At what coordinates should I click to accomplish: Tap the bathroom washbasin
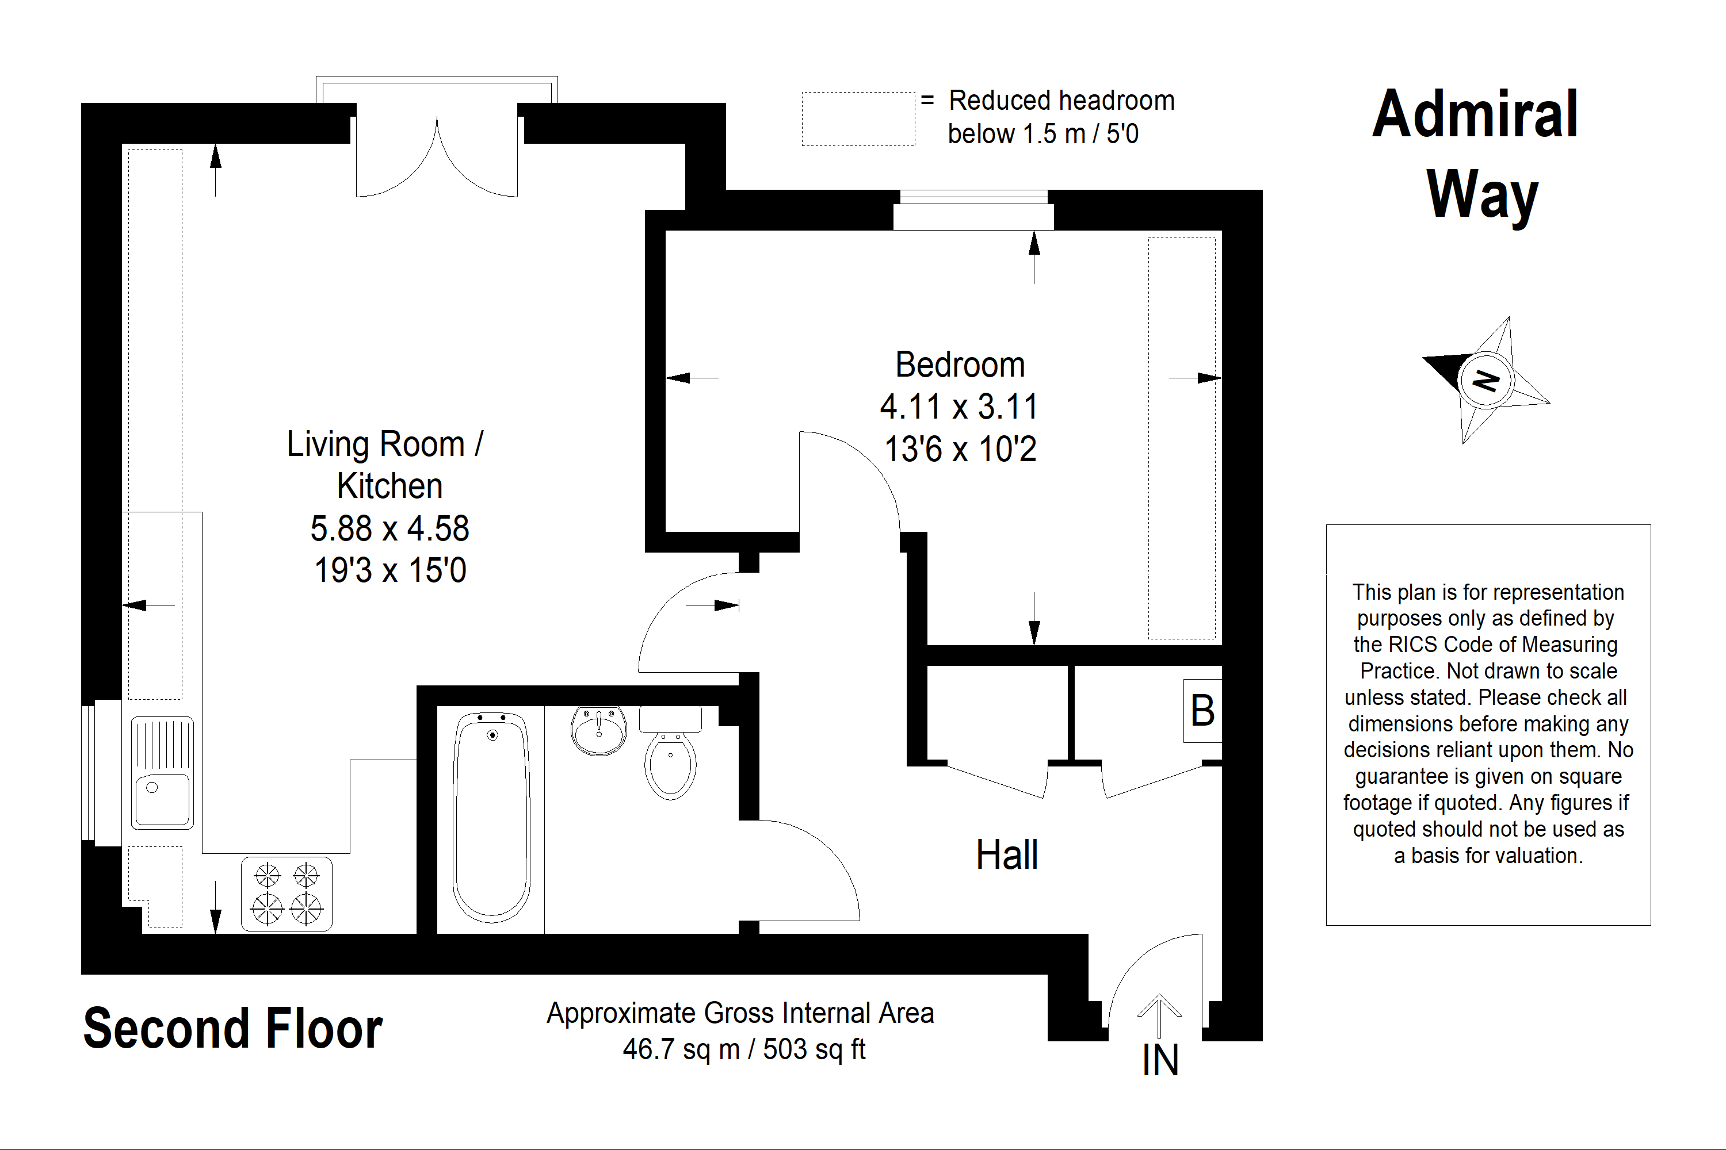(x=599, y=730)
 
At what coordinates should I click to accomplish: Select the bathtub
(x=492, y=817)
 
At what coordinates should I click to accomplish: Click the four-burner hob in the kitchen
(x=287, y=894)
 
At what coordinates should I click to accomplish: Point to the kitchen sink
(x=162, y=773)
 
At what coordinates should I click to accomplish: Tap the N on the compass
(x=1486, y=381)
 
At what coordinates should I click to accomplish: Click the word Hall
(x=1007, y=854)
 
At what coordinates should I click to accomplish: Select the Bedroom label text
(x=960, y=365)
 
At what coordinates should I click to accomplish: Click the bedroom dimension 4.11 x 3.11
(x=959, y=407)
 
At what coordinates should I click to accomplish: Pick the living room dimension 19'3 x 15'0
(x=390, y=570)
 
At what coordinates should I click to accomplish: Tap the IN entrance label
(x=1160, y=1060)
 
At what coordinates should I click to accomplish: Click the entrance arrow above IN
(x=1159, y=1017)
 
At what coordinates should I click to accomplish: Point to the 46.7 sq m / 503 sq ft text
(x=744, y=1049)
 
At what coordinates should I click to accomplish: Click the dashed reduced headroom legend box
(x=858, y=119)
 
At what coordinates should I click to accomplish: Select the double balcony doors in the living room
(x=437, y=157)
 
